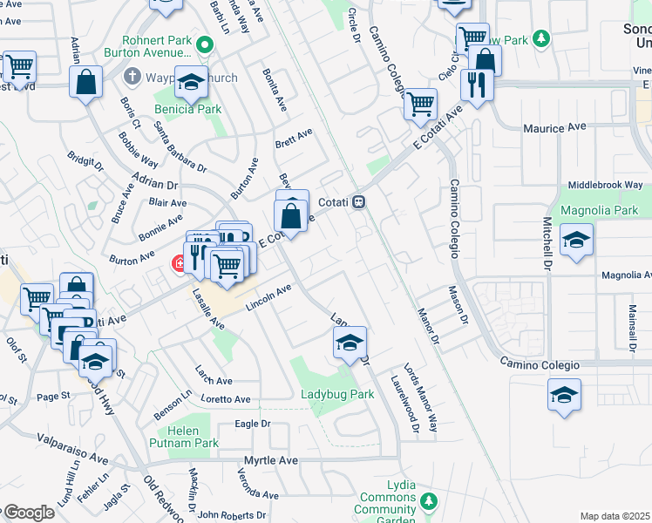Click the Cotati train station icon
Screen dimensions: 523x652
click(x=358, y=201)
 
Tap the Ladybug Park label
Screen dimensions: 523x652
click(x=337, y=395)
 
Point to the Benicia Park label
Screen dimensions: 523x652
click(x=188, y=109)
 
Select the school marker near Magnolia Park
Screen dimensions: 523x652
click(x=576, y=239)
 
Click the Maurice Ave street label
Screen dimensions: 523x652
click(x=554, y=128)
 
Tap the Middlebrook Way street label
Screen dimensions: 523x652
click(x=605, y=185)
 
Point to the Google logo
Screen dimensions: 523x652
click(x=29, y=513)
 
